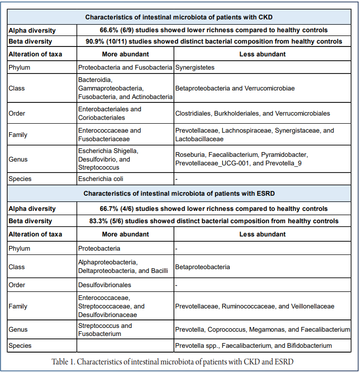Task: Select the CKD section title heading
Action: (180, 17)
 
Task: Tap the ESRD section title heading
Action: (180, 193)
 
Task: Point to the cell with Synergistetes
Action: (195, 67)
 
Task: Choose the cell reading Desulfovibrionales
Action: (105, 285)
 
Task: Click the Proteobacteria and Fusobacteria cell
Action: (125, 67)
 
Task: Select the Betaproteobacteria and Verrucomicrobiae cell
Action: (235, 88)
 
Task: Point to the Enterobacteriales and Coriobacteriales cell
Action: (110, 113)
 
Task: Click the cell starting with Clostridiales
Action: (252, 113)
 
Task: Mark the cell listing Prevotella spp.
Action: (253, 346)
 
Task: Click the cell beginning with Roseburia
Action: (242, 159)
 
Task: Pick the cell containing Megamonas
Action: (262, 330)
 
